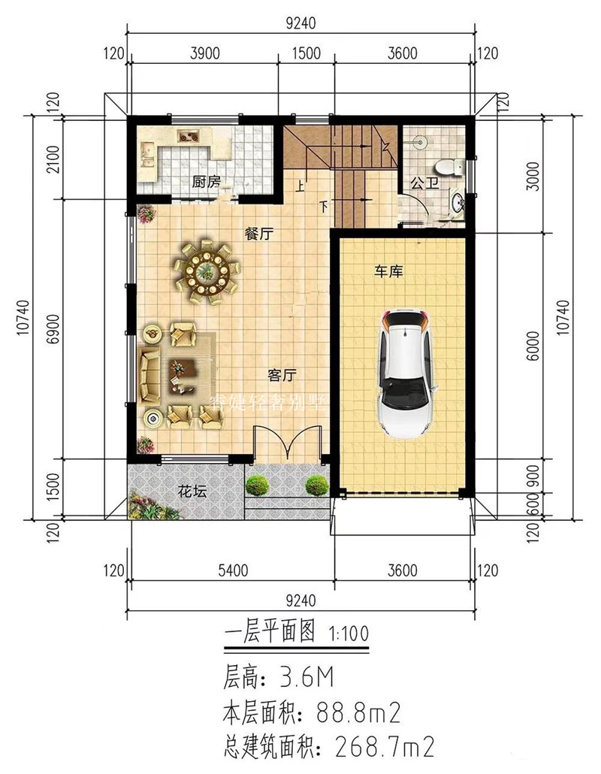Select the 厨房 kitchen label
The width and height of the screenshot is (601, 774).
206,181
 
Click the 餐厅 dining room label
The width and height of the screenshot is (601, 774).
258,234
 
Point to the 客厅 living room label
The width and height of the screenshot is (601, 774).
283,373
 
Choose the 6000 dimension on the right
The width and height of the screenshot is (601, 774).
533,346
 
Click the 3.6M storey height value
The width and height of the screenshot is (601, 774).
305,679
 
